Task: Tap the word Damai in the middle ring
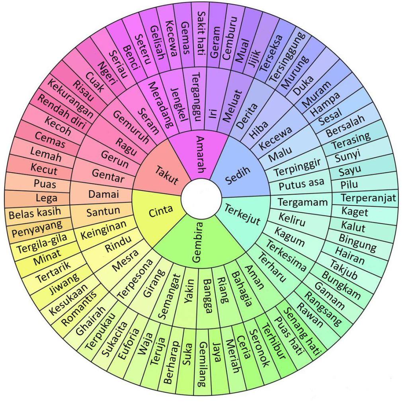(103, 195)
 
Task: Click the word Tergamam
(303, 202)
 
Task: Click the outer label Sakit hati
(201, 29)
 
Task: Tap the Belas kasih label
(35, 214)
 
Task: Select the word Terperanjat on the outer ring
(368, 198)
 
